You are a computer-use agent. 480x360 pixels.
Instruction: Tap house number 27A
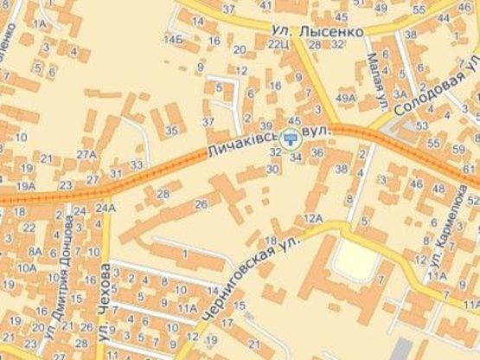[x=86, y=155]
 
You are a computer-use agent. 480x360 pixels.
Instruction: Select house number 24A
[x=106, y=208]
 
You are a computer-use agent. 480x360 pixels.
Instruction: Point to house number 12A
[x=312, y=218]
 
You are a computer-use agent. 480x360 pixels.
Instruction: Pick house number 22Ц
[x=278, y=43]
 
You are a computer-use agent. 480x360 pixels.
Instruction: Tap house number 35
[x=171, y=131]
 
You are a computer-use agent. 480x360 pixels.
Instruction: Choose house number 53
[x=422, y=125]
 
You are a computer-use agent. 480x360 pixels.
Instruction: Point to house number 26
[x=201, y=204]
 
